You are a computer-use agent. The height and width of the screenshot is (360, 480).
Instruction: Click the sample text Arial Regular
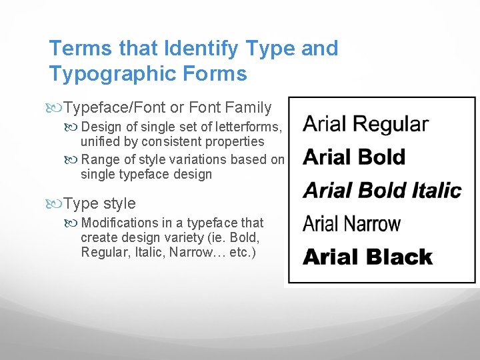tap(365, 124)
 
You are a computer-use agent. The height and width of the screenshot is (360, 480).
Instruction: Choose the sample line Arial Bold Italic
tap(382, 191)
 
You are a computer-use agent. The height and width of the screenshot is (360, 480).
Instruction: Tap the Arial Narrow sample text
tap(351, 224)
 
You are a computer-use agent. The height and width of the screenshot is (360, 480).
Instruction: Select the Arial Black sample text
tap(367, 257)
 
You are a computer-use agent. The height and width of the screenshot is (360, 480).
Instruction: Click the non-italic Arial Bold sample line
tap(354, 157)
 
